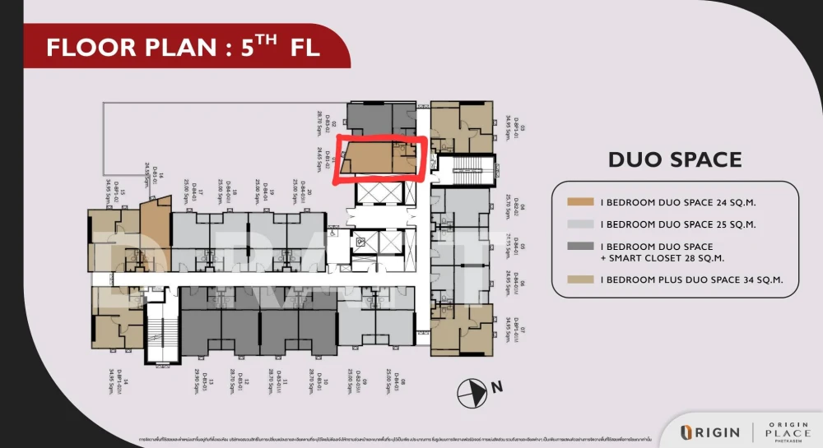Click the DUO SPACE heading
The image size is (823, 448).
[x=675, y=159]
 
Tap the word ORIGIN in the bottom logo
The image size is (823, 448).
[x=714, y=432]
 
